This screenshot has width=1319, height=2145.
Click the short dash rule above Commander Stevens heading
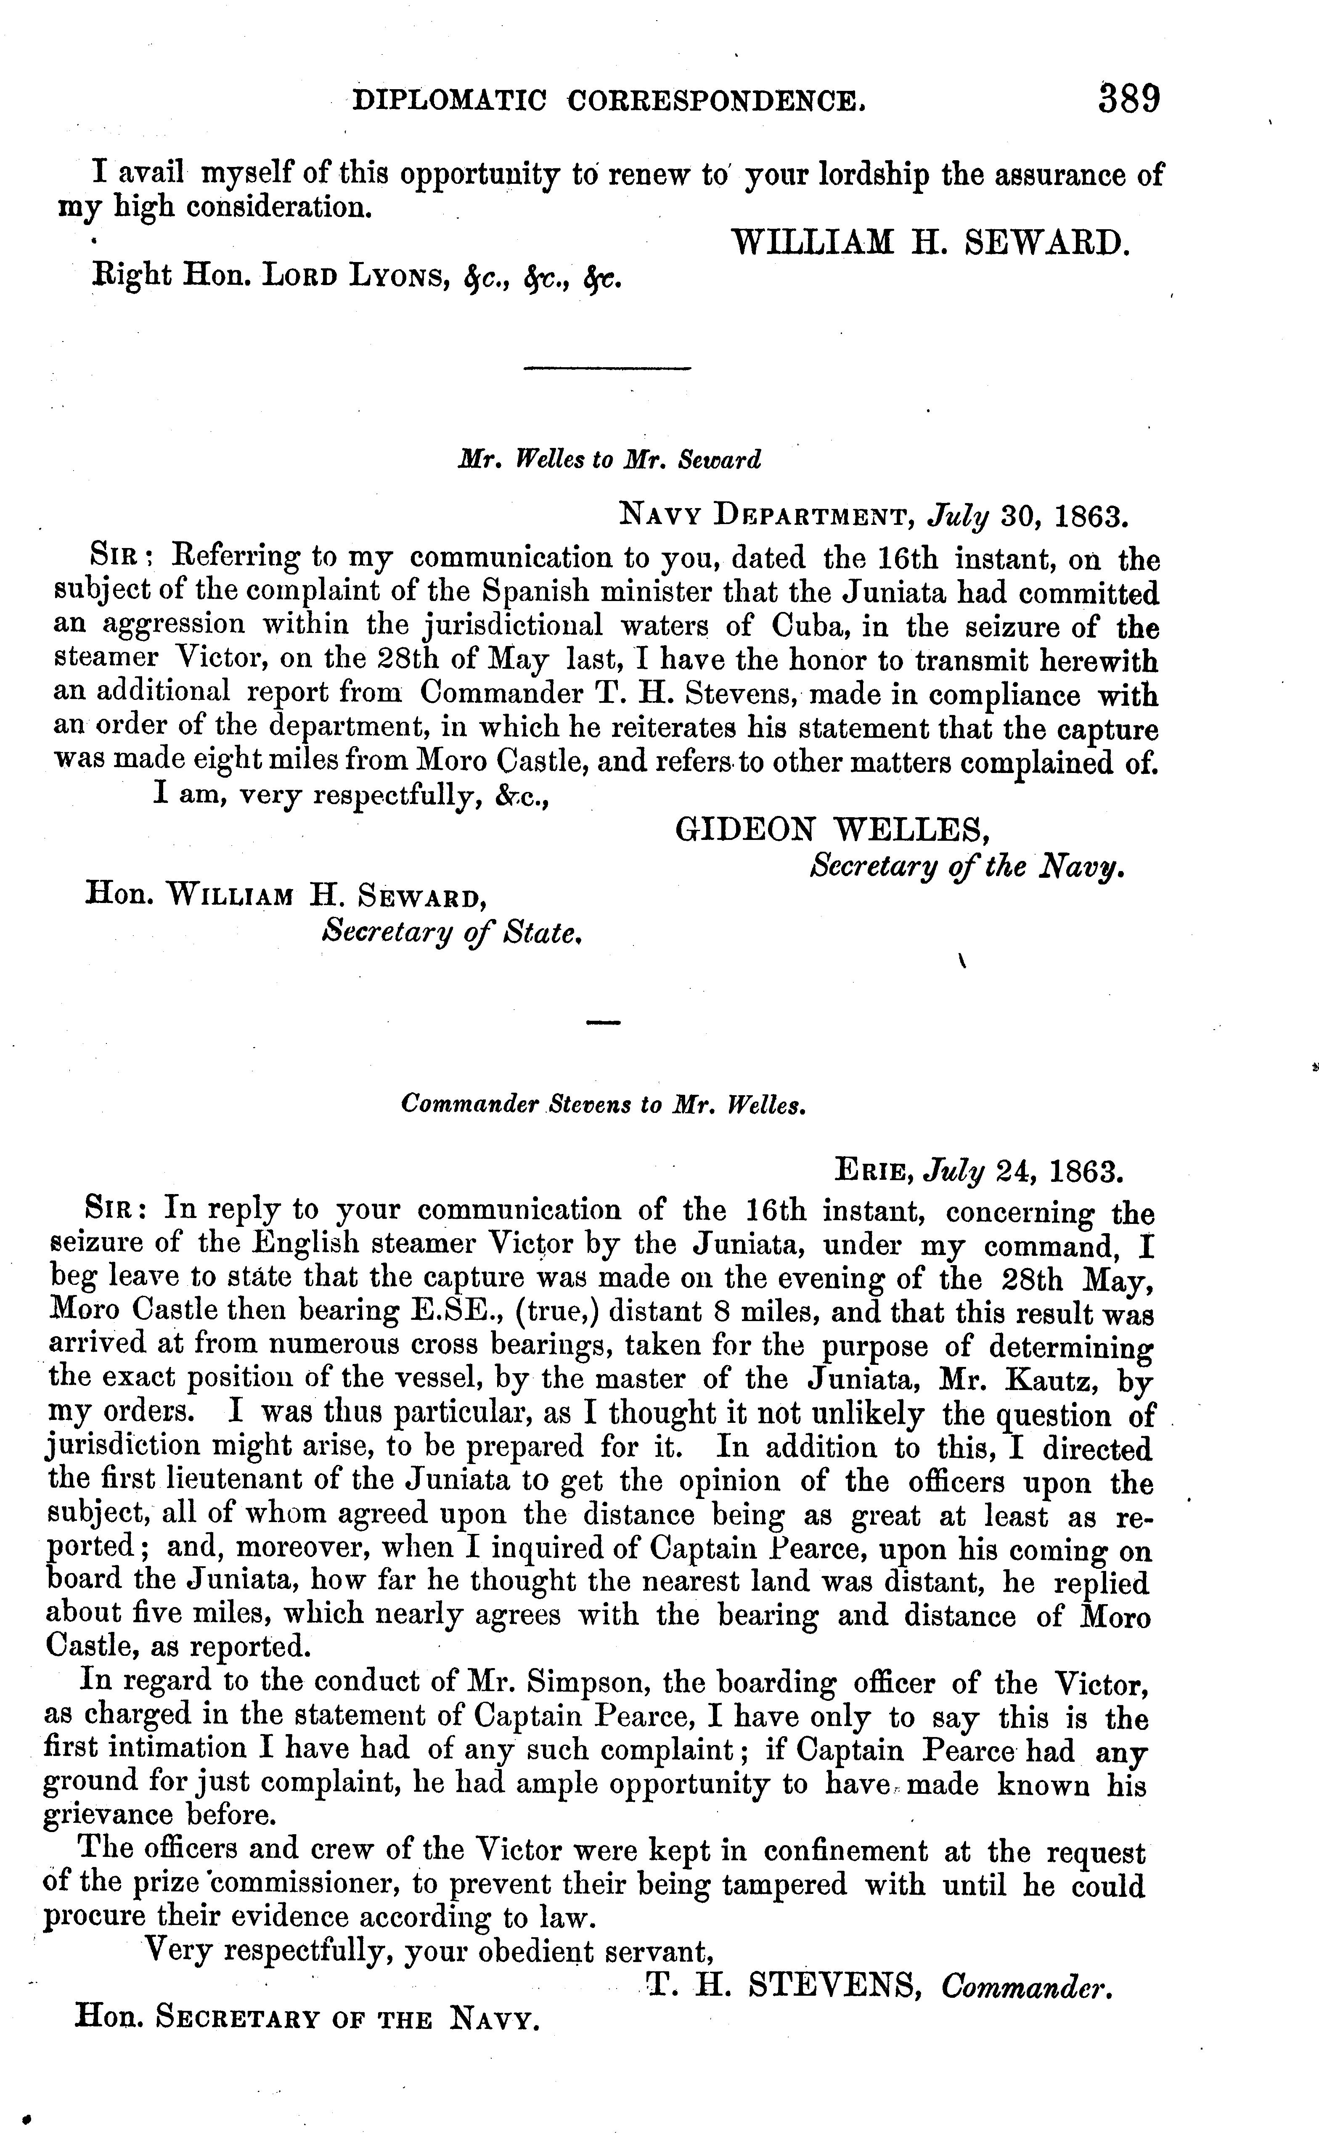603,1022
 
